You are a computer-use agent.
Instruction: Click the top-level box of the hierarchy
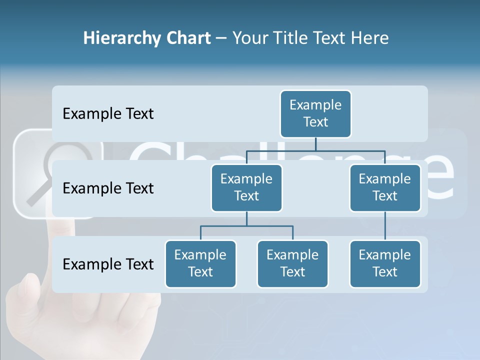tap(315, 113)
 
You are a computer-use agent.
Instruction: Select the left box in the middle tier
tap(246, 187)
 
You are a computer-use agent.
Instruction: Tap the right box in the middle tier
tap(385, 187)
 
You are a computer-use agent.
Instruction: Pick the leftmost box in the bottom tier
tap(200, 263)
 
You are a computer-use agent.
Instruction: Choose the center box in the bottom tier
tap(292, 263)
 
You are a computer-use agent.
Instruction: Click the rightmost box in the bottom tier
tap(385, 263)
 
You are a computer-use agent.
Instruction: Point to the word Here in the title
tap(370, 38)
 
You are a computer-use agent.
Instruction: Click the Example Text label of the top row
tap(108, 114)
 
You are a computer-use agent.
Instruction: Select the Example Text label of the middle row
tap(108, 188)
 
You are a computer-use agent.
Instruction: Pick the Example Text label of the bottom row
tap(108, 264)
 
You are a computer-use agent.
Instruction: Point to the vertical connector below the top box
tap(315, 144)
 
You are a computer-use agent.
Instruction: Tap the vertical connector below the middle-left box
tap(246, 218)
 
